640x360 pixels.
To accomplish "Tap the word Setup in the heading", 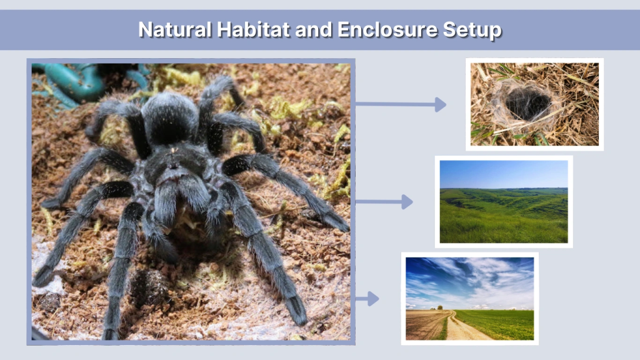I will point(473,29).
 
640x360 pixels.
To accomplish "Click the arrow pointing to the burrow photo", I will point(401,104).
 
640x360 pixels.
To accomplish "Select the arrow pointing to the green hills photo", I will point(384,202).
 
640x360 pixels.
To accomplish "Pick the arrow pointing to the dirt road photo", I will point(367,299).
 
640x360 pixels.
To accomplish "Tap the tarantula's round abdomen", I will point(170,117).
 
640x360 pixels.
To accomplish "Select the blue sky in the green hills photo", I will point(503,173).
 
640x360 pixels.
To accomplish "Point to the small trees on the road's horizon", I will point(439,307).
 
